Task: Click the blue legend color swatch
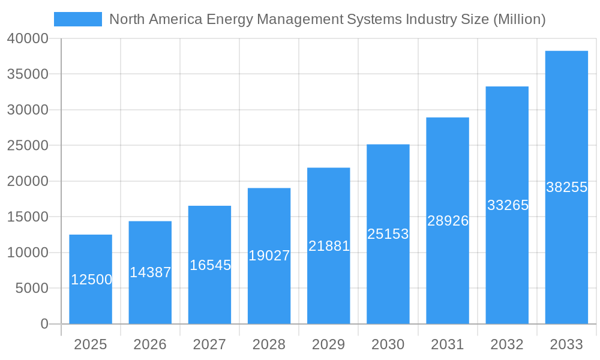[x=78, y=19]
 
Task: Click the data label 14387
[x=150, y=272]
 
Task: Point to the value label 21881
[x=328, y=246]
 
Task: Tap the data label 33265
[x=507, y=205]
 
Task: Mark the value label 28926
[x=448, y=221]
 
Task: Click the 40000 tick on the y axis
[x=28, y=39]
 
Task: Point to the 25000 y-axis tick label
[x=28, y=146]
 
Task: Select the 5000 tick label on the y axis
[x=31, y=289]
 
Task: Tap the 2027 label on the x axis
[x=209, y=344]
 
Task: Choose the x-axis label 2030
[x=388, y=344]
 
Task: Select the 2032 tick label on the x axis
[x=507, y=344]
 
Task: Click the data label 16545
[x=209, y=265]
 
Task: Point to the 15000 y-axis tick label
[x=28, y=217]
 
